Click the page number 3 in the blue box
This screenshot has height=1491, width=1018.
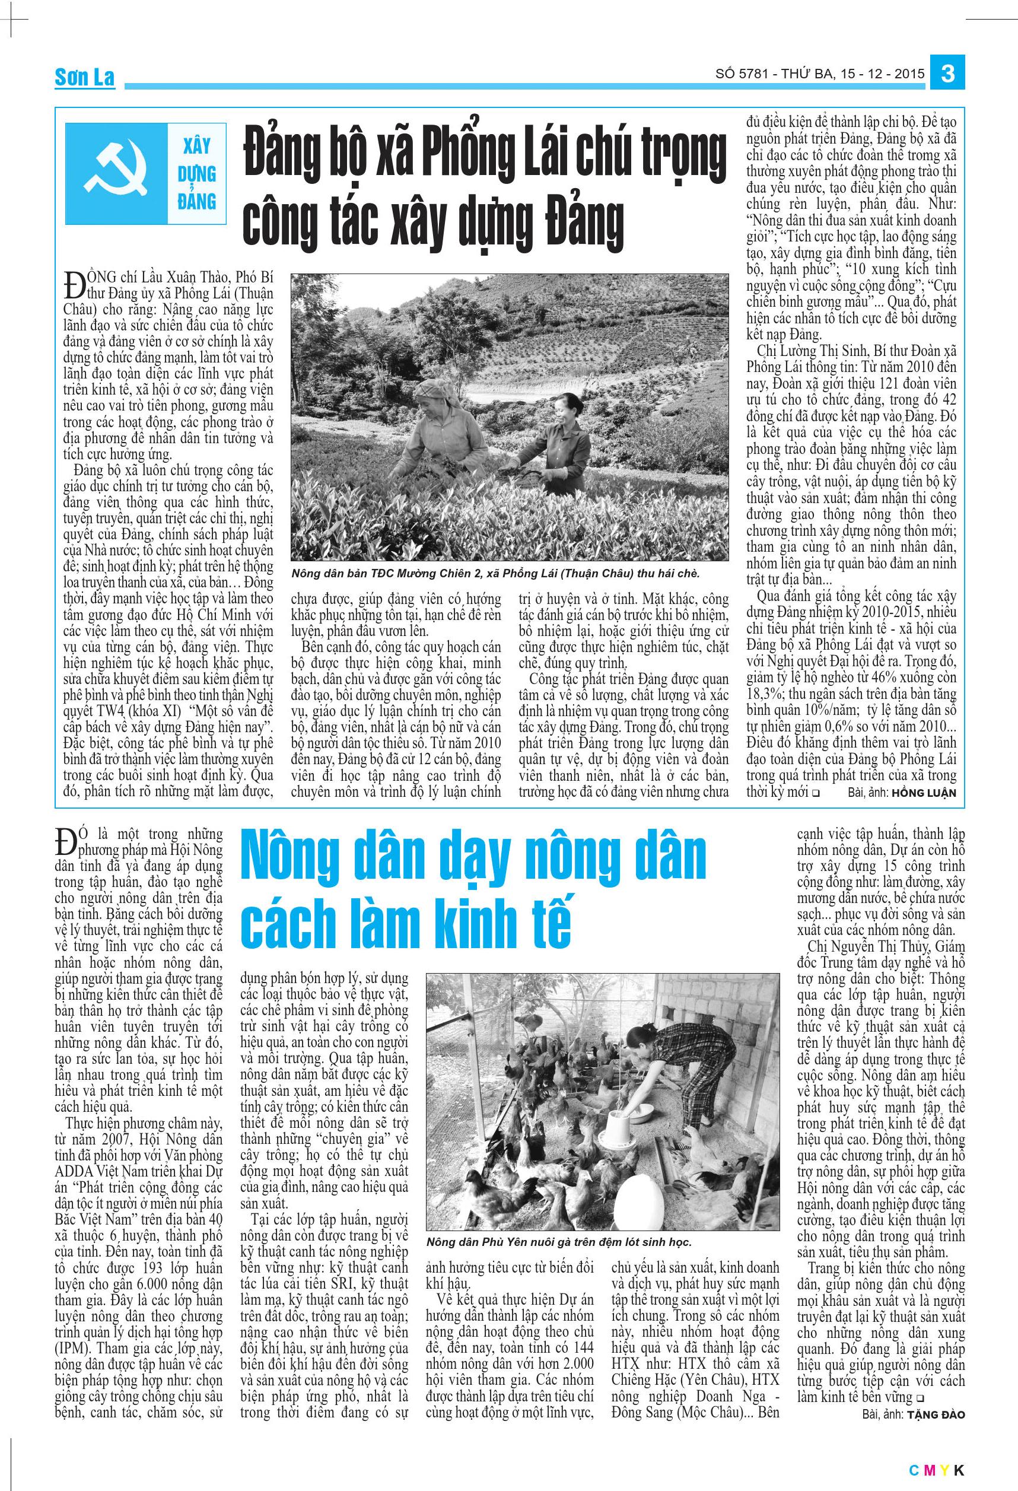click(x=947, y=74)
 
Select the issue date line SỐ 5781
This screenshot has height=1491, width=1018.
click(x=820, y=74)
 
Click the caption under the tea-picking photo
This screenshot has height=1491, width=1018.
click(x=495, y=573)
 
